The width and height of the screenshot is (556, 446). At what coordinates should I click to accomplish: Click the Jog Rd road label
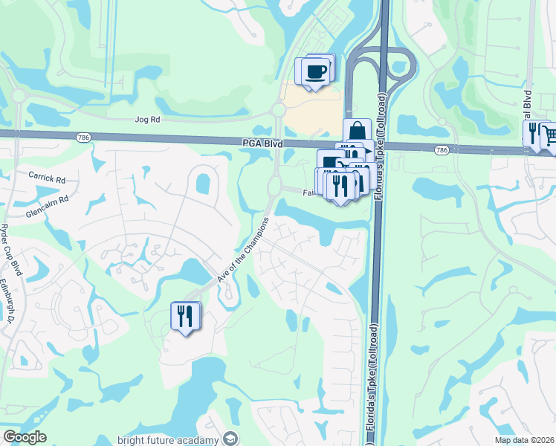(148, 119)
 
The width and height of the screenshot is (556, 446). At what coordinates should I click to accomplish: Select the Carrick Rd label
(48, 179)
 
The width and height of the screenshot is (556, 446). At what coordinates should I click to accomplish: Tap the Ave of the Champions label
(242, 248)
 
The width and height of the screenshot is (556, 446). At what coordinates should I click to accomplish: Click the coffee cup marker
(316, 71)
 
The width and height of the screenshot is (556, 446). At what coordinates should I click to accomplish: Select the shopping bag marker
(357, 131)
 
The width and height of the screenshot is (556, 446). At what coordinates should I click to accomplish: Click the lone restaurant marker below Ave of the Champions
(184, 316)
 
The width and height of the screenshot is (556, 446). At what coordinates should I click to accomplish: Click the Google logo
(25, 437)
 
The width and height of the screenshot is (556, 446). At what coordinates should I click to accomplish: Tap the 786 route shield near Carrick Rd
(81, 137)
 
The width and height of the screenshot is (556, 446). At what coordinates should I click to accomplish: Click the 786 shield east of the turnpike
(442, 150)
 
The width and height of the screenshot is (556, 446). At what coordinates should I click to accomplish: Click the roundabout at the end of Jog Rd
(279, 110)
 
